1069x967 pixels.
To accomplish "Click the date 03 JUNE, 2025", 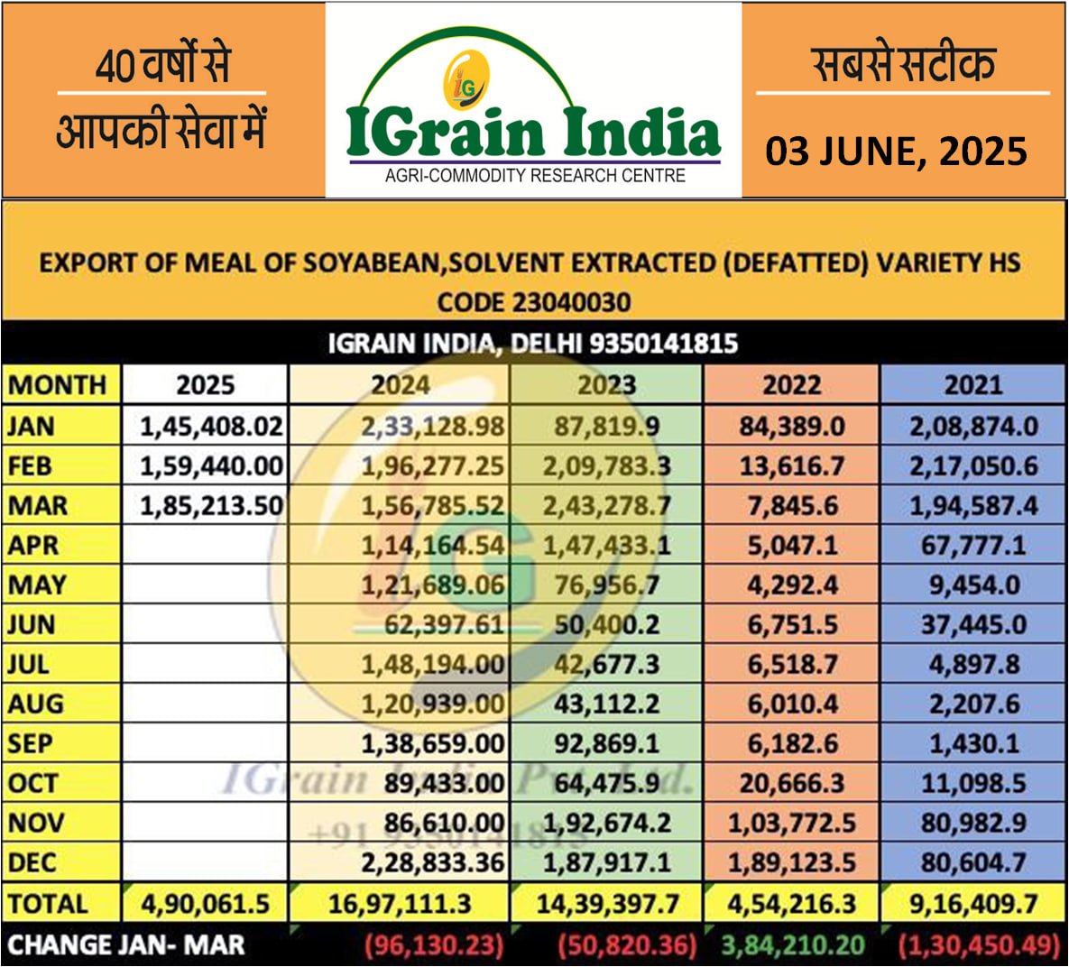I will point(896,151).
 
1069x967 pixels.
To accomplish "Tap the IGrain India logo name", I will point(534,132).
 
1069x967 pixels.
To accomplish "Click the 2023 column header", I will point(606,385).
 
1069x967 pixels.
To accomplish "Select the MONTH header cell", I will point(58,385).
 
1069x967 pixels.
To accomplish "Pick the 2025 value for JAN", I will point(211,426).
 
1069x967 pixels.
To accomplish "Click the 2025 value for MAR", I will point(211,505).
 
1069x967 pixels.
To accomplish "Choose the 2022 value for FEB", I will point(791,465).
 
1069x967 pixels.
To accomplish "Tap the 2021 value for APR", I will point(973,545).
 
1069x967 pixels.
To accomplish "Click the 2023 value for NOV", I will point(606,823).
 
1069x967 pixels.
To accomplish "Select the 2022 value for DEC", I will point(791,862).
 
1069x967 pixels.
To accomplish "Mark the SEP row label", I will point(31,743).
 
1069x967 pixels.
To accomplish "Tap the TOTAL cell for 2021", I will point(973,903).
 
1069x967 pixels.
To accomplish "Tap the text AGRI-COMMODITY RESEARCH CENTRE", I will point(534,176).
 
